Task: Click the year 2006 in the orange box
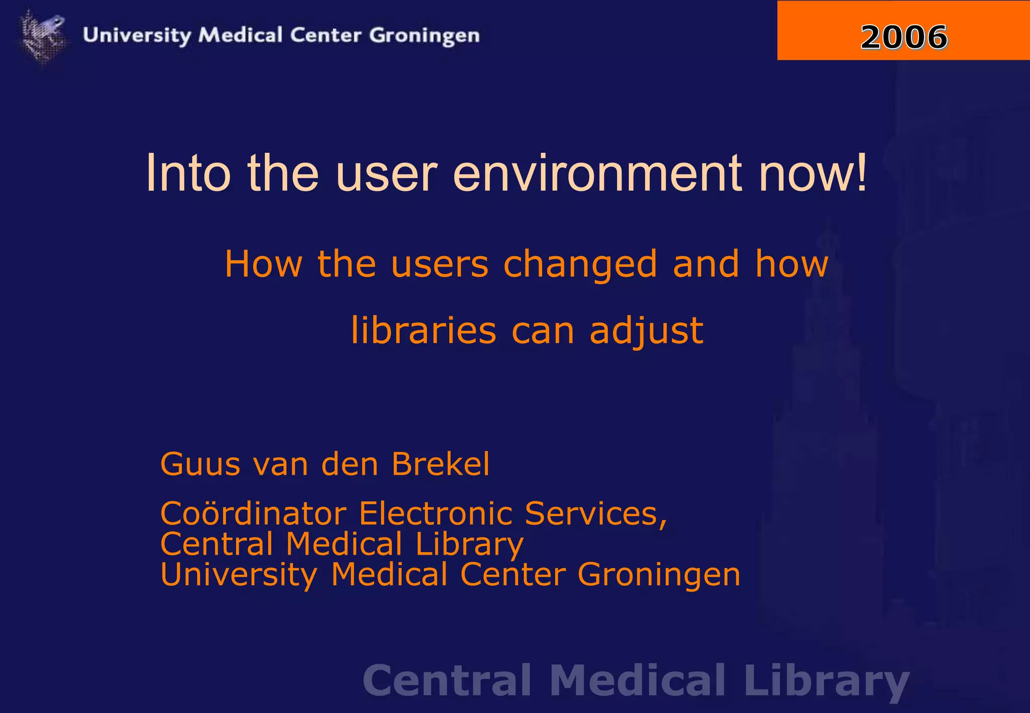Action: (x=904, y=37)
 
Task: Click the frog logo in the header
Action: (x=43, y=35)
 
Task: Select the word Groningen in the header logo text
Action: (x=424, y=36)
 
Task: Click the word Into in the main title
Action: (x=188, y=173)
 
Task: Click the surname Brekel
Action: (x=440, y=464)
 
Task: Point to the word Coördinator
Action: (x=253, y=513)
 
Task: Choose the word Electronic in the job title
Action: (x=436, y=513)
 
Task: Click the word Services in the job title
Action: (x=595, y=513)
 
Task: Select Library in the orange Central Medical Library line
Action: (x=470, y=545)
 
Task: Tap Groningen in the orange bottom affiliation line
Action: (x=659, y=574)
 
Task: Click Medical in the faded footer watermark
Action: (x=638, y=680)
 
